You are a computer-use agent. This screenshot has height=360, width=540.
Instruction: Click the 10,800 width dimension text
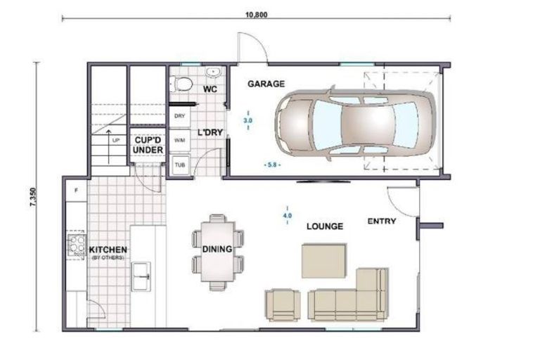256,15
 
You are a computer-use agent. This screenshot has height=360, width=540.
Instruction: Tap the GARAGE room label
265,84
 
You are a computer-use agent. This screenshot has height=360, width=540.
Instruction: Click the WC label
209,89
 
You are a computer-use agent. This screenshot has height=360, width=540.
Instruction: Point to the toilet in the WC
183,85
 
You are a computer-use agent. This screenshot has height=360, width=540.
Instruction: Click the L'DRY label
209,132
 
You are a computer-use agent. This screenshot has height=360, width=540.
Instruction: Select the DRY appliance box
179,116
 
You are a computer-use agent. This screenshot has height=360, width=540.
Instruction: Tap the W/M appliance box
179,140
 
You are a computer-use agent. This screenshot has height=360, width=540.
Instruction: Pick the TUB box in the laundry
179,165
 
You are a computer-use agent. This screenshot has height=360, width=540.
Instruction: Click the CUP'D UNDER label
148,145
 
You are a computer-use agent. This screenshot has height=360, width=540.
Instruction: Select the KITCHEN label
107,250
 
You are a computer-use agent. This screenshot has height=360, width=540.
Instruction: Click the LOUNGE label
323,226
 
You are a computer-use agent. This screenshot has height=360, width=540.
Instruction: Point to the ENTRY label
382,221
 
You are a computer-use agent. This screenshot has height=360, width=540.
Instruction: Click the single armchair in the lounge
283,303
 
